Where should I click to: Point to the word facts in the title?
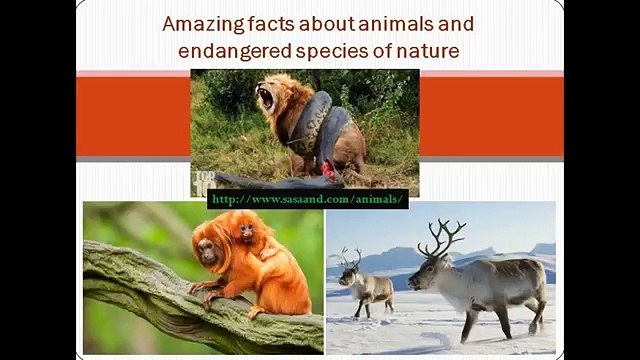(267, 23)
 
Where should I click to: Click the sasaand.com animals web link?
(308, 199)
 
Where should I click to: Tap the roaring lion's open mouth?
(265, 97)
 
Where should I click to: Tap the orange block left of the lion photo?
(133, 115)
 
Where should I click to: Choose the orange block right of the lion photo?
(490, 115)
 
